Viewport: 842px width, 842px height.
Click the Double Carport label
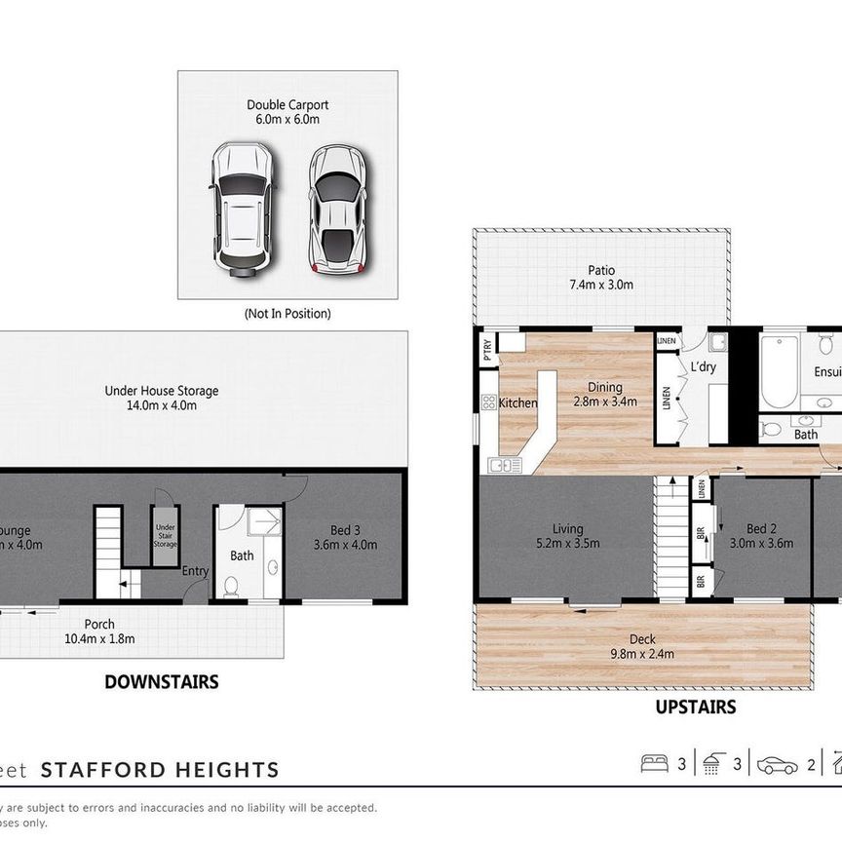coord(287,112)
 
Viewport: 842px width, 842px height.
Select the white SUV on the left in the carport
coord(243,206)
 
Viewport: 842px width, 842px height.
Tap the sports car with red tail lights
coord(336,209)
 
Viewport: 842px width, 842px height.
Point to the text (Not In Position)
coord(287,314)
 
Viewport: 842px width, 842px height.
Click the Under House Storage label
coord(162,398)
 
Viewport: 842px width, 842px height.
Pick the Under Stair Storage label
coord(166,536)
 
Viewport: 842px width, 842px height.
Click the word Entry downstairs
coord(195,571)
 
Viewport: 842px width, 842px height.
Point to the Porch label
coord(99,631)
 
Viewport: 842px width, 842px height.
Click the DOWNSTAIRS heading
coord(162,682)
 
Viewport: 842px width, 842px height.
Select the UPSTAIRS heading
coord(696,708)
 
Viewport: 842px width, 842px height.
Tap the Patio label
coord(601,278)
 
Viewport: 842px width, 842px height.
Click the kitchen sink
coord(505,465)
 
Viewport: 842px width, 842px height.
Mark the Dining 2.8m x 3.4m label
coord(604,394)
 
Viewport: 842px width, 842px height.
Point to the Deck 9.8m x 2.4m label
coord(642,646)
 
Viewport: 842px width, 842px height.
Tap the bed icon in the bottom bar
coord(655,765)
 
